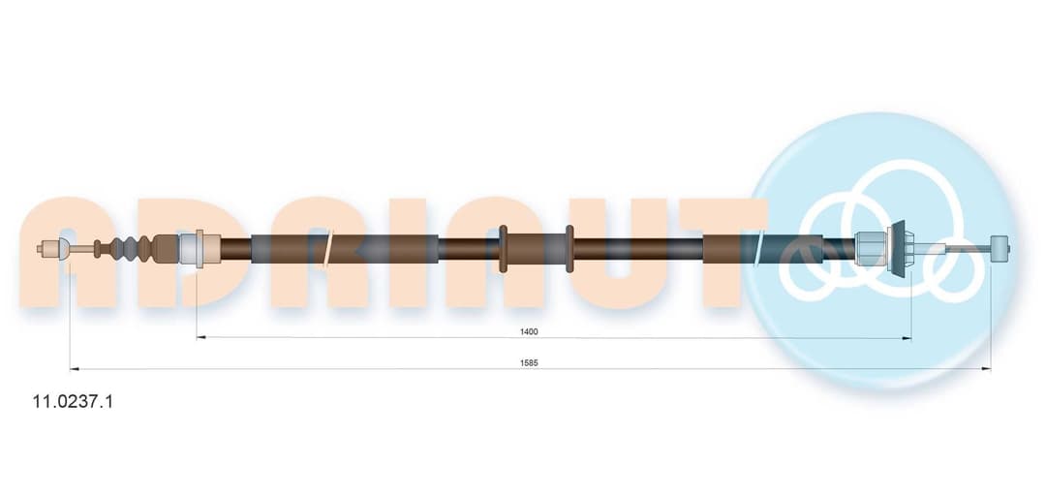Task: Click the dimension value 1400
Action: [529, 331]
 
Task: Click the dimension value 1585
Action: [529, 362]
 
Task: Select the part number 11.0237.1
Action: [73, 402]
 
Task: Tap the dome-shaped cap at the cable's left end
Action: [63, 249]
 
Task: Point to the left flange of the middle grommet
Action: [504, 248]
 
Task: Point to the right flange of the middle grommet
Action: [569, 248]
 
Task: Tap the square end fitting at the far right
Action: [1000, 249]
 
